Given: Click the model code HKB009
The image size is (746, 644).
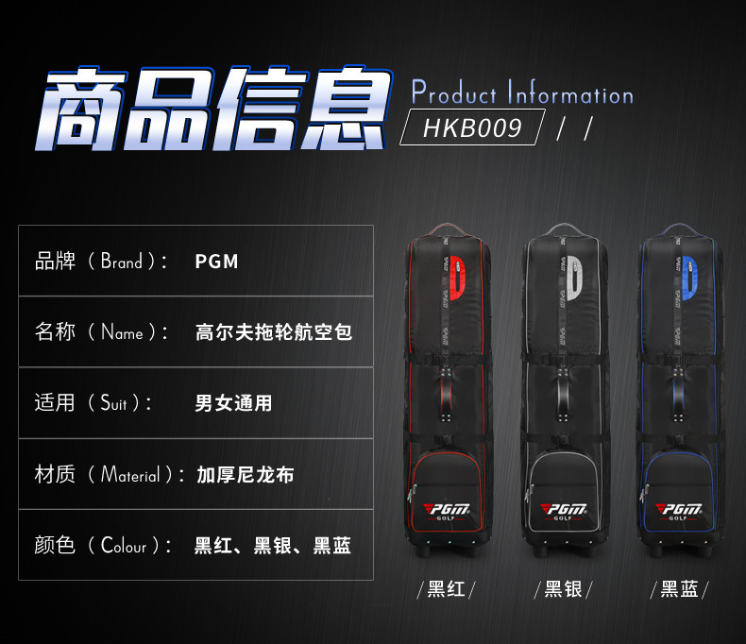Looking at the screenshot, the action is (x=473, y=127).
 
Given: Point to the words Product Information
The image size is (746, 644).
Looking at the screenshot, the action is (x=522, y=94).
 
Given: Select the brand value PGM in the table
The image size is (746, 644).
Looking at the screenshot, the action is (x=216, y=262).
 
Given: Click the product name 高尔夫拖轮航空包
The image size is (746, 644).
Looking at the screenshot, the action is (x=274, y=332).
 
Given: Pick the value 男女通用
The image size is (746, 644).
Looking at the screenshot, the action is (x=233, y=403).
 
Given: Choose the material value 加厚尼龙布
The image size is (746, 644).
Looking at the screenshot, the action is (x=246, y=474).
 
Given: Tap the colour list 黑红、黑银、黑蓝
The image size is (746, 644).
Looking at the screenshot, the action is (x=273, y=546).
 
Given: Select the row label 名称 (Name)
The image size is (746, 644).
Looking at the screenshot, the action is (x=101, y=332).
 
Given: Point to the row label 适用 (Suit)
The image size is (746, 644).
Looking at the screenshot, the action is (x=93, y=403).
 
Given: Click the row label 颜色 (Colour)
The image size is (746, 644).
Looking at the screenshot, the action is (x=103, y=546).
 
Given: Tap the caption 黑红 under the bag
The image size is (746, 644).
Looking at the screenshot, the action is (x=446, y=590).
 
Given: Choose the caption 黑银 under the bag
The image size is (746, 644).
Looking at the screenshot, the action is (x=564, y=590).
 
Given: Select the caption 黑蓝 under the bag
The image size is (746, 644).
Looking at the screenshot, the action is (x=679, y=590).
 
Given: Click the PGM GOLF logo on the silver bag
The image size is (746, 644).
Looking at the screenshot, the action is (x=563, y=510).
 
